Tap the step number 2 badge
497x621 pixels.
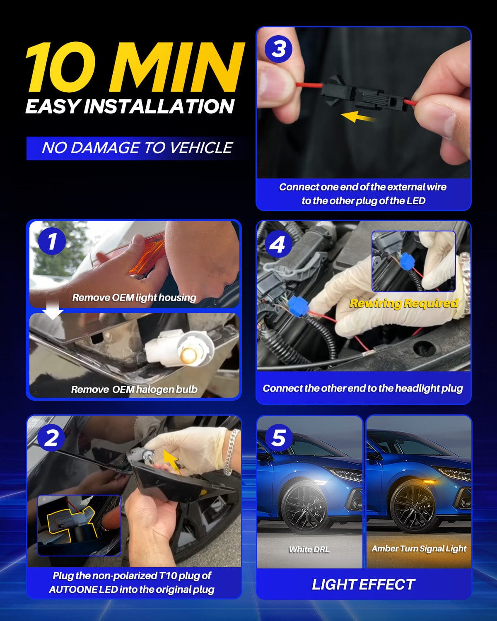[51, 438]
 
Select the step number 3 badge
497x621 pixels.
[278, 48]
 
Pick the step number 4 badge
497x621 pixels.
[278, 244]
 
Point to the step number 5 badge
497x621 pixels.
[278, 438]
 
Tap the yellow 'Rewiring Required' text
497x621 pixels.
[404, 303]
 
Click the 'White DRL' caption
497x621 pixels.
[309, 549]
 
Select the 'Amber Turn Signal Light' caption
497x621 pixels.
[419, 549]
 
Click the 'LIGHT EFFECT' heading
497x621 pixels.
[363, 585]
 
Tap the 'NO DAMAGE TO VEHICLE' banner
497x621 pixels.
[137, 148]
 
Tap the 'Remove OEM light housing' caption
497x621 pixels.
[134, 298]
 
